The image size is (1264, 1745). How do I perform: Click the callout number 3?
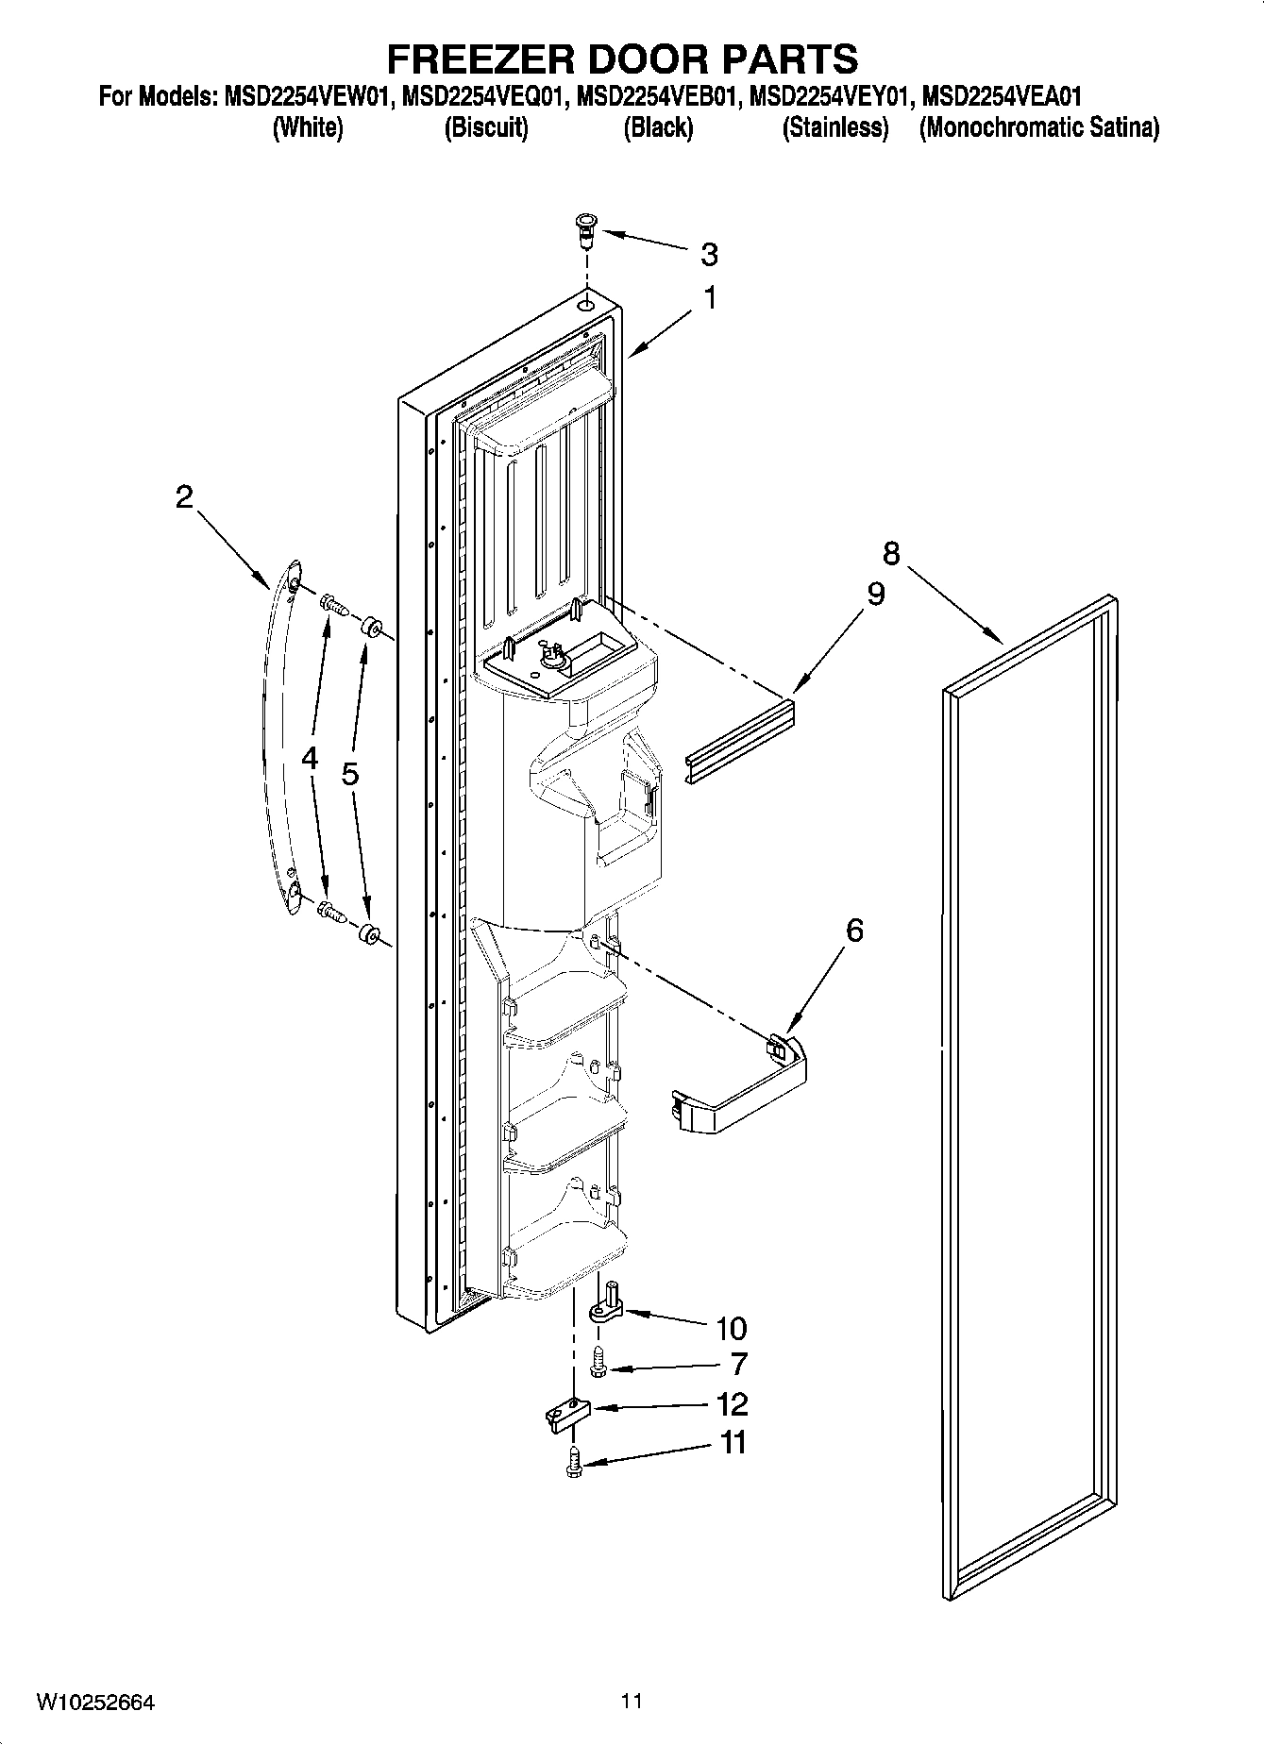click(709, 254)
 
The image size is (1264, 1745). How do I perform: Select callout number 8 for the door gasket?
click(891, 552)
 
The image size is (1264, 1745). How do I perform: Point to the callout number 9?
click(875, 594)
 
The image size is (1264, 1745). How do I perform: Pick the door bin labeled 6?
click(742, 1085)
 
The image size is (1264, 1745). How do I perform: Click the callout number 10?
click(731, 1329)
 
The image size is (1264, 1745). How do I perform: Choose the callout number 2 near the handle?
click(184, 496)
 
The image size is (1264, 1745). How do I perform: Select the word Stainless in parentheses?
click(835, 127)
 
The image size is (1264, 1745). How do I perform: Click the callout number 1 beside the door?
click(709, 299)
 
